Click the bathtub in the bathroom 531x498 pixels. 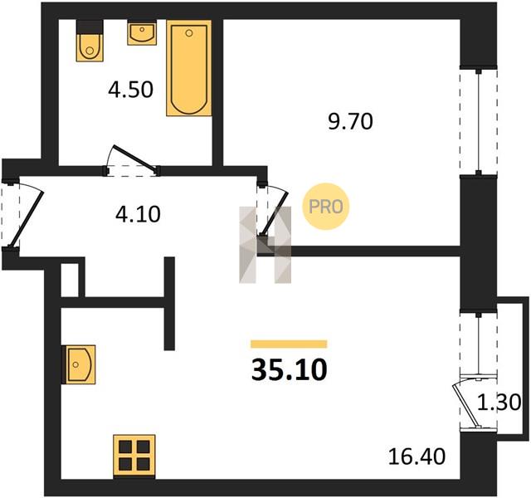click(x=189, y=68)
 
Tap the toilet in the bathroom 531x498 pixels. click(x=90, y=41)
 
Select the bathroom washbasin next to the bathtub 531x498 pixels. click(x=142, y=32)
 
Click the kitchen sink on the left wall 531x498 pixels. click(x=79, y=364)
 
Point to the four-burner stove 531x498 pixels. click(x=134, y=456)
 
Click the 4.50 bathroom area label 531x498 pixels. click(x=131, y=90)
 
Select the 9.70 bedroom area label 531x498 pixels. click(x=350, y=122)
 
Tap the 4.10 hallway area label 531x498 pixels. click(x=138, y=214)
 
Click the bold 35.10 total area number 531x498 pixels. click(x=290, y=369)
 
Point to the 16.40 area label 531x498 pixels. click(x=417, y=456)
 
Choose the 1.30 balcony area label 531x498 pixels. click(x=499, y=403)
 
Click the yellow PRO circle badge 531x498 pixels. click(x=326, y=207)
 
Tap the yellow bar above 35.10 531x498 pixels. click(x=289, y=344)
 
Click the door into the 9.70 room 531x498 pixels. click(x=275, y=212)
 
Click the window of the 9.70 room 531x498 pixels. click(x=478, y=122)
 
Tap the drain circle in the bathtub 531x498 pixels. click(x=189, y=33)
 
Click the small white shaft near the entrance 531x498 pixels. click(x=70, y=281)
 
